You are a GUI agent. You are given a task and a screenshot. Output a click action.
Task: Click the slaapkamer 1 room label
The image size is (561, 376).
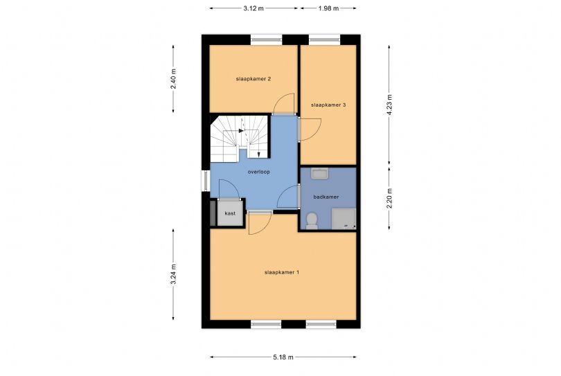pyautogui.click(x=282, y=272)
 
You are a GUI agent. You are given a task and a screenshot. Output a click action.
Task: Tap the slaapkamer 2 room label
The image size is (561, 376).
pyautogui.click(x=253, y=79)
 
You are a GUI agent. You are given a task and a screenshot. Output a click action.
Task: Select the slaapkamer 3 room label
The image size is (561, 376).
pyautogui.click(x=328, y=105)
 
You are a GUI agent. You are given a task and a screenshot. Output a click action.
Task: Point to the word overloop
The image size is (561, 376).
pyautogui.click(x=258, y=172)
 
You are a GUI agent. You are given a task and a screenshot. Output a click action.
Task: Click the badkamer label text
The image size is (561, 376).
pyautogui.click(x=326, y=197)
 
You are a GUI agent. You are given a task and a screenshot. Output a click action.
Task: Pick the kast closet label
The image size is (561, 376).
pyautogui.click(x=230, y=213)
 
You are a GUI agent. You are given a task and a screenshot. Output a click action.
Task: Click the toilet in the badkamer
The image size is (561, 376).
pyautogui.click(x=312, y=221)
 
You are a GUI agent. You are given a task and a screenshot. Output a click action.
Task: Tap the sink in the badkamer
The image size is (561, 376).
pyautogui.click(x=319, y=174)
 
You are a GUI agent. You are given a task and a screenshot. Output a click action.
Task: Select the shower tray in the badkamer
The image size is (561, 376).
pyautogui.click(x=344, y=219)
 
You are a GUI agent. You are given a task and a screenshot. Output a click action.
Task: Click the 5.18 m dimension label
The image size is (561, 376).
pyautogui.click(x=283, y=357)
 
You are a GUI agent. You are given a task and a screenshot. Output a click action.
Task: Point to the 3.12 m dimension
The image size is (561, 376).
pyautogui.click(x=253, y=8)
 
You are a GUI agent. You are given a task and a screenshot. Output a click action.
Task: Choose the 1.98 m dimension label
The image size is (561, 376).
pyautogui.click(x=328, y=8)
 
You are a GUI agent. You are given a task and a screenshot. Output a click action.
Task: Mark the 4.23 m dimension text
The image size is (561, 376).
pyautogui.click(x=389, y=105)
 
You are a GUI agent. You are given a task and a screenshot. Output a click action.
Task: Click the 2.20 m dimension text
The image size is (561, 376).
pyautogui.click(x=389, y=198)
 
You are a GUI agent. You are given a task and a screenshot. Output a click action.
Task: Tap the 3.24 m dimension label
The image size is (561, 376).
pyautogui.click(x=173, y=274)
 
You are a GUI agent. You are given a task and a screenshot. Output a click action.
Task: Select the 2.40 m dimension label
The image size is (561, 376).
pyautogui.click(x=173, y=79)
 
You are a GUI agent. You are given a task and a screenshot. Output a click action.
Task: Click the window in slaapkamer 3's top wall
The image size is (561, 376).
pyautogui.click(x=324, y=39)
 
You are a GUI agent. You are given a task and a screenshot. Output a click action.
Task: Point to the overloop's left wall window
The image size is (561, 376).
pyautogui.click(x=206, y=181)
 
